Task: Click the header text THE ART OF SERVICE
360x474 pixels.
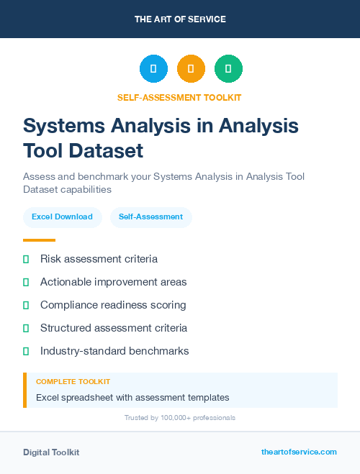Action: click(x=180, y=19)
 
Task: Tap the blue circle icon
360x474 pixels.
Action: click(x=153, y=69)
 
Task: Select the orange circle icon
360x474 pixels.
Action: click(x=191, y=69)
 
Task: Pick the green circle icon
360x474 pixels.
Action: click(x=228, y=69)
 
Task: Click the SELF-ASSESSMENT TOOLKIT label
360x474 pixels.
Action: click(x=180, y=97)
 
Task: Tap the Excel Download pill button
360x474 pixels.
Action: click(x=62, y=217)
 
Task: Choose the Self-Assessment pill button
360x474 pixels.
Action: click(x=150, y=217)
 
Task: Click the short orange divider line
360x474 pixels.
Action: click(x=39, y=240)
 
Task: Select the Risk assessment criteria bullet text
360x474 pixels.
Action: click(x=99, y=259)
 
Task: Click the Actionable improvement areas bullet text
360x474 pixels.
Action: click(x=113, y=282)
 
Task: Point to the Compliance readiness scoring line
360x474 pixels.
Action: click(x=113, y=305)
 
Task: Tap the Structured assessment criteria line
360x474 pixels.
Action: click(x=114, y=328)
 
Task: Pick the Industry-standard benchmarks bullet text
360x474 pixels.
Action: click(x=114, y=351)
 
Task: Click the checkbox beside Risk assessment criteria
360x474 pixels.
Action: click(x=26, y=259)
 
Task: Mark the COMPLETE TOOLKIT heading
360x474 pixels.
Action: click(x=73, y=382)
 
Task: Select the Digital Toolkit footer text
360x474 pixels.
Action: click(x=51, y=452)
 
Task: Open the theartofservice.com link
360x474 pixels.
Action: click(x=299, y=452)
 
